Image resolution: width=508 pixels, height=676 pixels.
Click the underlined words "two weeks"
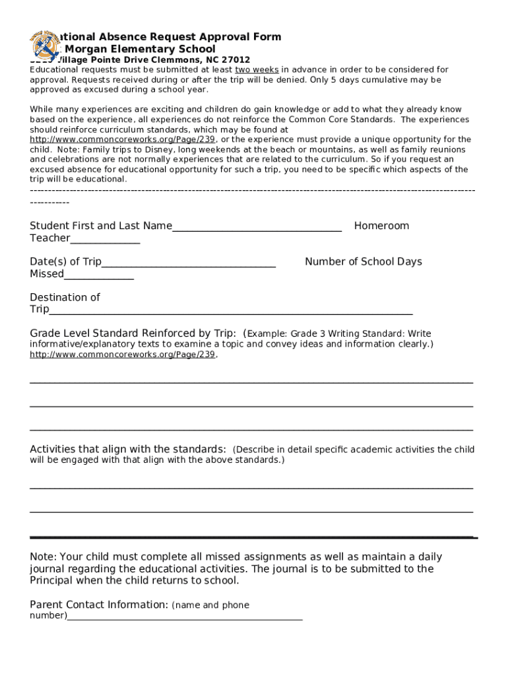[257, 70]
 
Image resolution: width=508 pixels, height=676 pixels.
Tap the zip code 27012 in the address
[236, 59]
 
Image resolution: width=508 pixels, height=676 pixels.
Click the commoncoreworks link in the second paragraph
[123, 140]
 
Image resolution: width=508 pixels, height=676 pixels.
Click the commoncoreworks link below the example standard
[123, 355]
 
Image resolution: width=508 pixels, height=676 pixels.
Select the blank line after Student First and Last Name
[257, 228]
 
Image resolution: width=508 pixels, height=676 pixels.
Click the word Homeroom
[381, 226]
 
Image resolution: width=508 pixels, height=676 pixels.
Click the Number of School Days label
[363, 261]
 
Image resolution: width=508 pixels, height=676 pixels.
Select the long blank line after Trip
[231, 311]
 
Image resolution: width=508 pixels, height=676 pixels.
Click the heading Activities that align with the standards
[128, 450]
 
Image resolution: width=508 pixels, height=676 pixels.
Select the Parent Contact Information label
[99, 605]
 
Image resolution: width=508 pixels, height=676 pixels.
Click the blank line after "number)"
[185, 617]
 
